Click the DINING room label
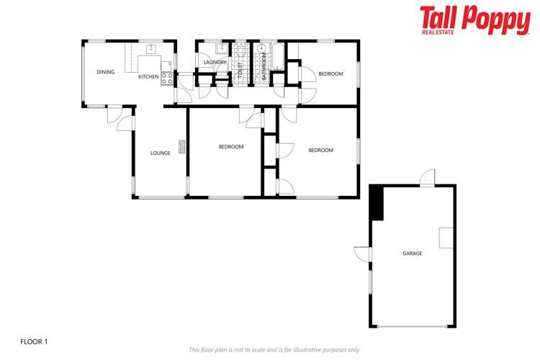106,72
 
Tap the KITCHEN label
148,76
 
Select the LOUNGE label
160,153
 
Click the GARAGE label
412,253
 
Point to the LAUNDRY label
215,63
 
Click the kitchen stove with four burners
166,78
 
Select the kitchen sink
151,49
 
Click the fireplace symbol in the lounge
182,147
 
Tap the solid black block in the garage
377,203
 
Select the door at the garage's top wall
428,177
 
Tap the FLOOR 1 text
34,341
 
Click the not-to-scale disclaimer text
274,349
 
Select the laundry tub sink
222,49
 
